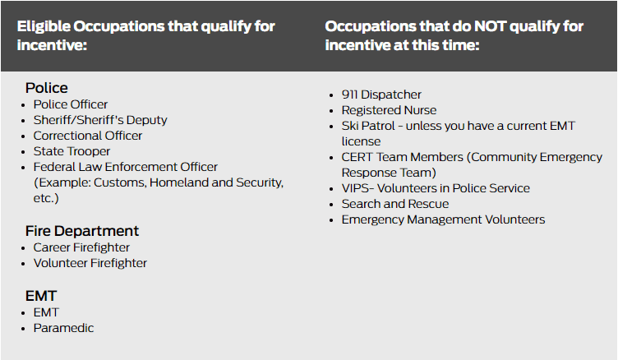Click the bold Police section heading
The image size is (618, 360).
tap(47, 88)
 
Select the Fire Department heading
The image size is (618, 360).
tap(82, 231)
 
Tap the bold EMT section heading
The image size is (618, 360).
tap(41, 296)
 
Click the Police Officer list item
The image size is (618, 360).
tap(70, 104)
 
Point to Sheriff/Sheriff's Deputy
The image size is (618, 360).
tap(100, 120)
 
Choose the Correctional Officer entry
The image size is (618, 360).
tap(87, 136)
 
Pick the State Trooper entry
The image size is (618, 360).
tap(71, 151)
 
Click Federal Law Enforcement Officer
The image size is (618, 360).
tap(126, 167)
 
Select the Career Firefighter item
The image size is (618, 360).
tap(81, 247)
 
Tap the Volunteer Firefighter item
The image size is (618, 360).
tap(90, 263)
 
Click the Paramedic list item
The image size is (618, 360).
tap(63, 328)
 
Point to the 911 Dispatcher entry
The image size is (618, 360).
tap(381, 95)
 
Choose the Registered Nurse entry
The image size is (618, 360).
tap(389, 110)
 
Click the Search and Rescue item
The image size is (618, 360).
tap(395, 204)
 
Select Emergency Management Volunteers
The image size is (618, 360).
tap(443, 219)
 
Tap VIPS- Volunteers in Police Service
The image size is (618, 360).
tap(436, 188)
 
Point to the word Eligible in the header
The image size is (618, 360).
tap(44, 27)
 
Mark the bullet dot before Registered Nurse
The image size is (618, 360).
tap(331, 111)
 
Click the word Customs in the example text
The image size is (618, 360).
tap(120, 183)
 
